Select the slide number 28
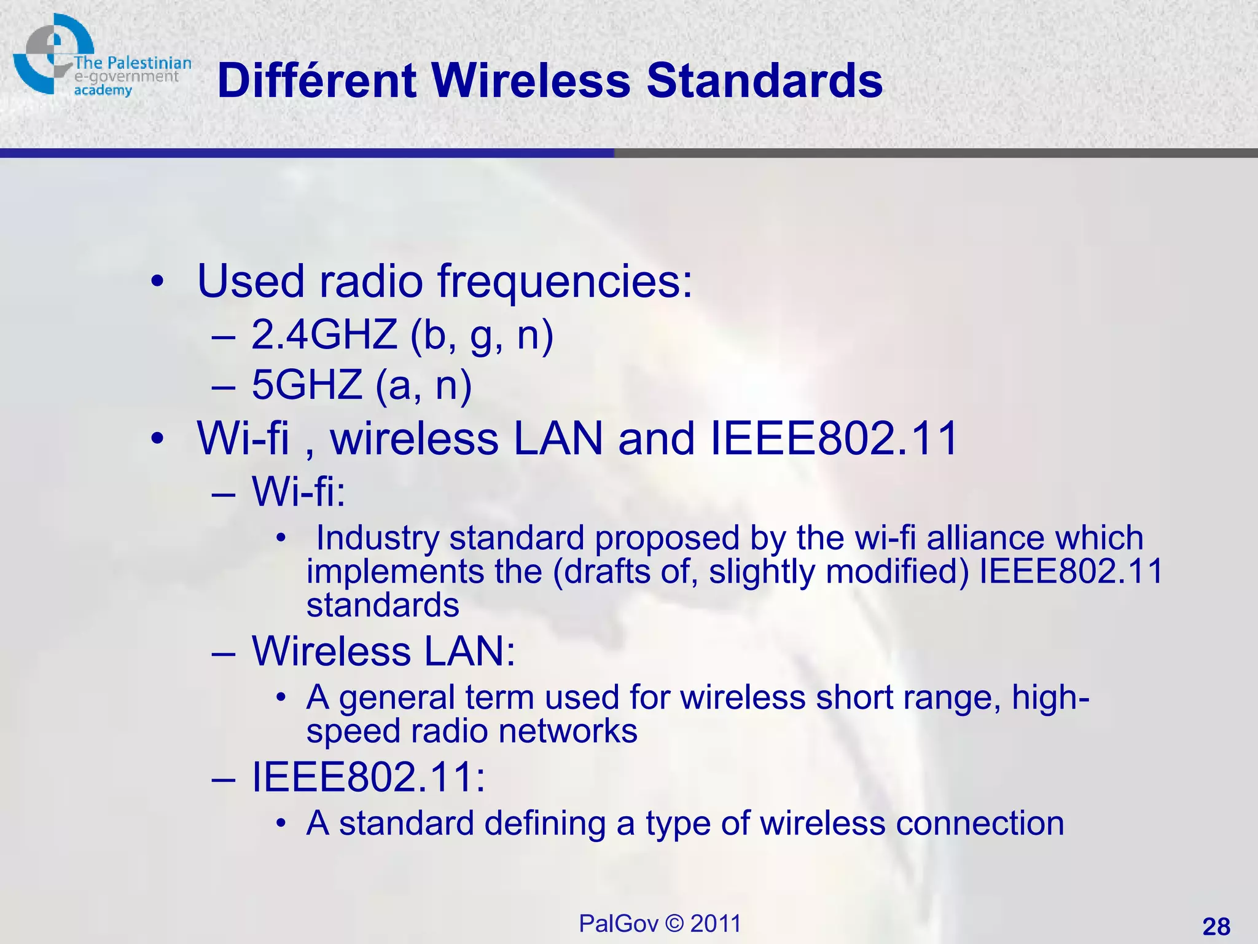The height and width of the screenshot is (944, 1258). pyautogui.click(x=1216, y=926)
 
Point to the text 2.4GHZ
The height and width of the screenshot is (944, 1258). pyautogui.click(x=324, y=336)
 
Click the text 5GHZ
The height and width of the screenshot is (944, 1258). pyautogui.click(x=307, y=385)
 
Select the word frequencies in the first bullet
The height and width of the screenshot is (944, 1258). pyautogui.click(x=565, y=281)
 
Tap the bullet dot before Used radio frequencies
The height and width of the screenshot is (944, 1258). pyautogui.click(x=158, y=282)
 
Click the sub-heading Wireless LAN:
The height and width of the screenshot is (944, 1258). pyautogui.click(x=383, y=651)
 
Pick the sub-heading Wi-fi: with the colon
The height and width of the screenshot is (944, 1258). pyautogui.click(x=299, y=492)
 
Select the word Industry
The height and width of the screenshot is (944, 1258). pyautogui.click(x=378, y=538)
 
